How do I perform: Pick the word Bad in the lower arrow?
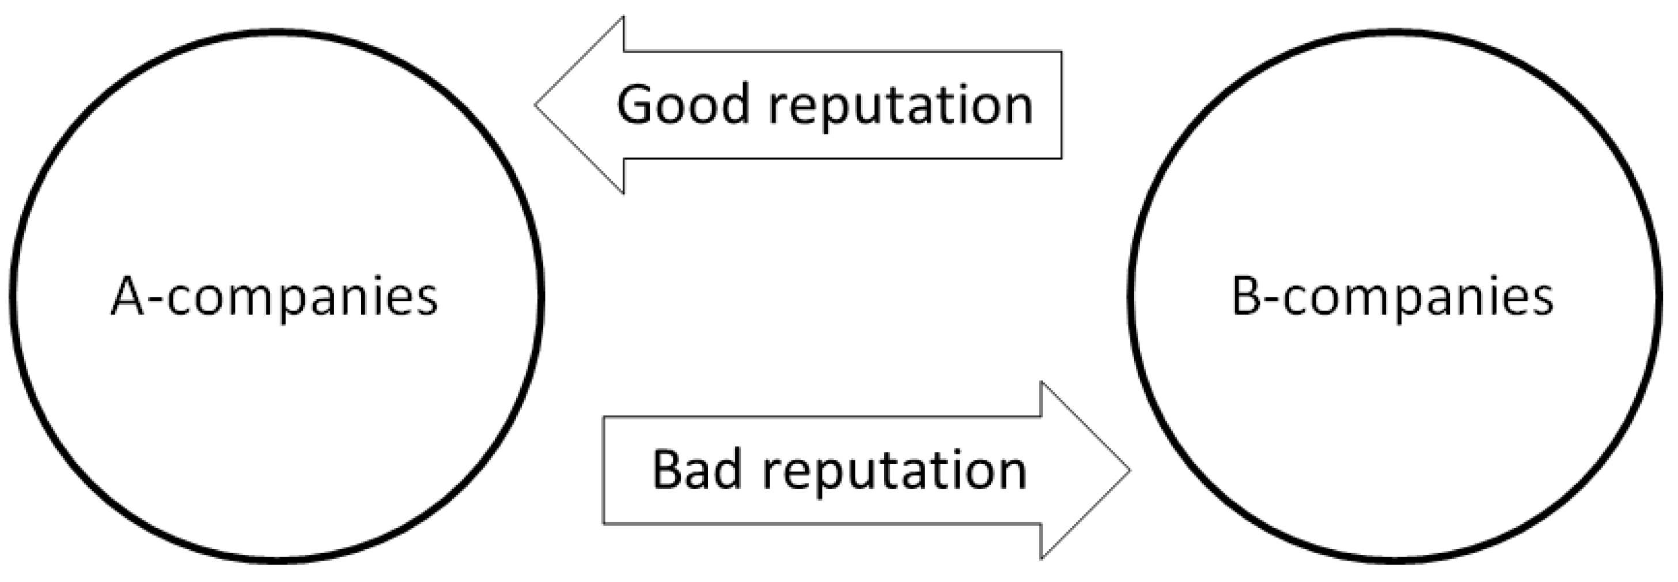tap(696, 470)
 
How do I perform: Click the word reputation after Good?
tap(900, 108)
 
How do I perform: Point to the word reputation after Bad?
tap(895, 473)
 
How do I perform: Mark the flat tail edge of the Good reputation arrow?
tap(1061, 105)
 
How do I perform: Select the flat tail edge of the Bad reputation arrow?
tap(604, 470)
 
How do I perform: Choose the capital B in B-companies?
tap(1248, 297)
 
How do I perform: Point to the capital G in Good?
tap(637, 105)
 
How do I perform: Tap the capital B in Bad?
tap(667, 470)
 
